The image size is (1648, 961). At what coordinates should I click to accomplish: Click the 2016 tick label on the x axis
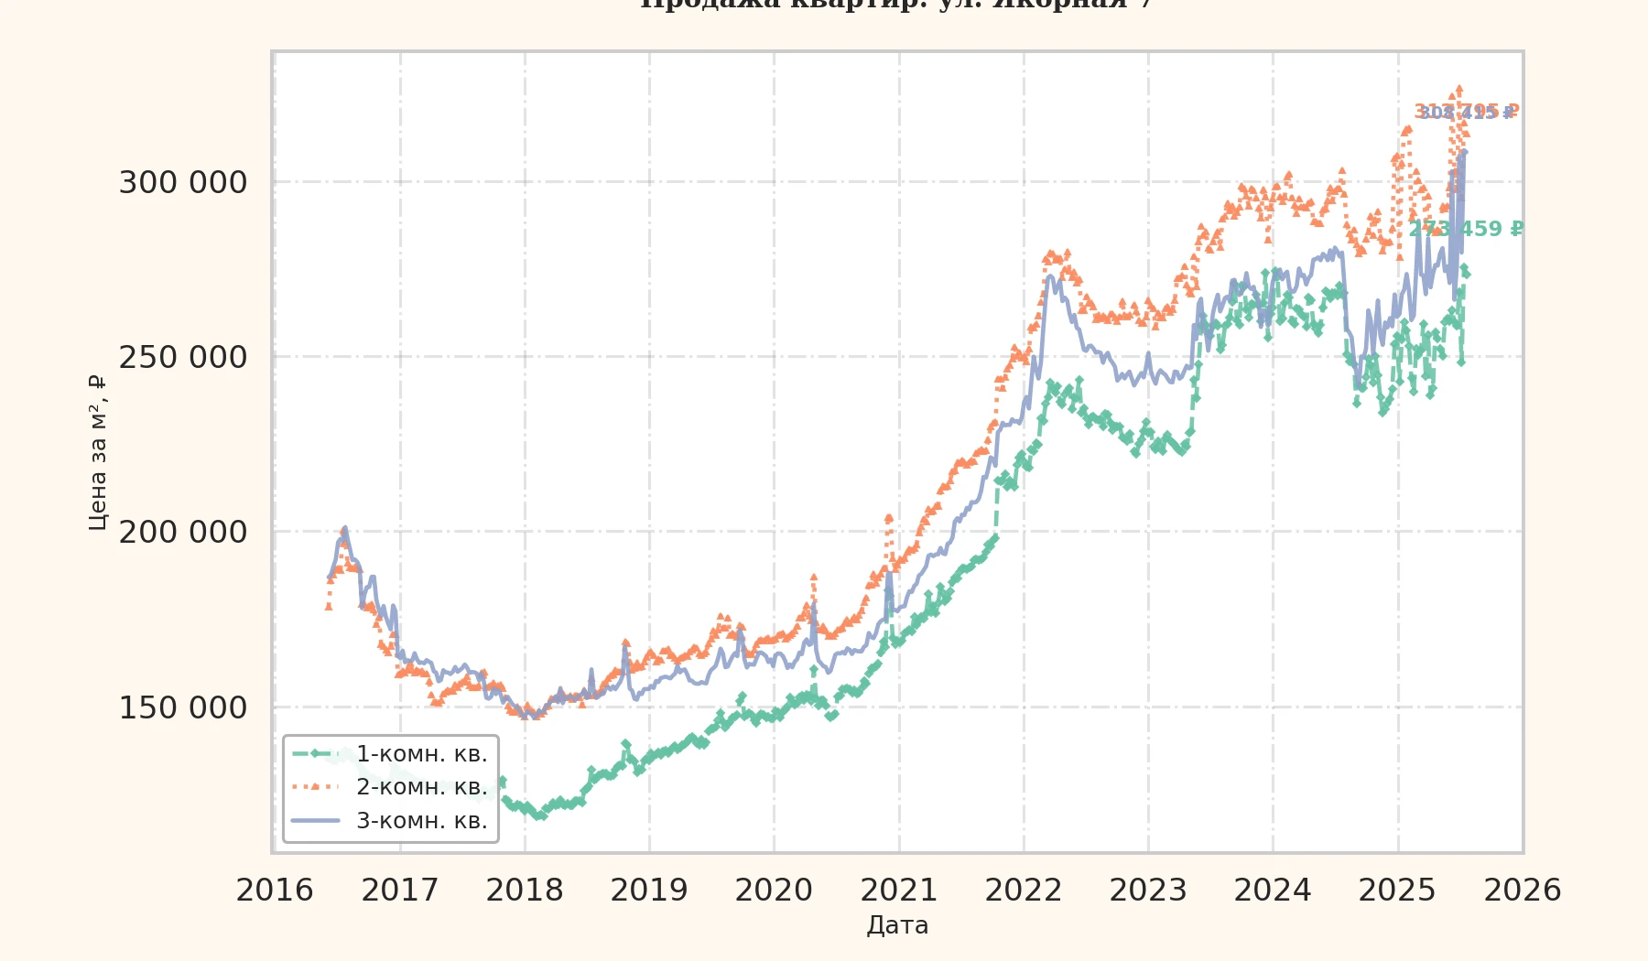pyautogui.click(x=275, y=890)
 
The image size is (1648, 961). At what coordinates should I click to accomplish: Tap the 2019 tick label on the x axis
pyautogui.click(x=649, y=890)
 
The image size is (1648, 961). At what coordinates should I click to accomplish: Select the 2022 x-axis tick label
pyautogui.click(x=1024, y=890)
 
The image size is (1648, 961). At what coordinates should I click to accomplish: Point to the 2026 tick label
pyautogui.click(x=1523, y=890)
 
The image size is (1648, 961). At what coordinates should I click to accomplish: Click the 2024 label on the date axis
pyautogui.click(x=1273, y=890)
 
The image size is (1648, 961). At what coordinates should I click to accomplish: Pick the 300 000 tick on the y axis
pyautogui.click(x=183, y=182)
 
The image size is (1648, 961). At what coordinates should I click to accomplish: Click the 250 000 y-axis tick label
pyautogui.click(x=183, y=357)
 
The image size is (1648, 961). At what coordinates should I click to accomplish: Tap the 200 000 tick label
pyautogui.click(x=183, y=532)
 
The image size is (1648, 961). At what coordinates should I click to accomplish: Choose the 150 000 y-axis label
pyautogui.click(x=183, y=707)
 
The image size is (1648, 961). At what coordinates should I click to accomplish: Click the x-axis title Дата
pyautogui.click(x=897, y=925)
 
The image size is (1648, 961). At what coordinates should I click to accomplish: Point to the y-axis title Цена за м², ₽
pyautogui.click(x=97, y=452)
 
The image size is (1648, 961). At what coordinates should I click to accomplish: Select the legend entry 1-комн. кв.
pyautogui.click(x=421, y=754)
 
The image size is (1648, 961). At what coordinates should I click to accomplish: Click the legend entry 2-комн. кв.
pyautogui.click(x=421, y=787)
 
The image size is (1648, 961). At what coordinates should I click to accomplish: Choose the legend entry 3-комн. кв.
pyautogui.click(x=421, y=821)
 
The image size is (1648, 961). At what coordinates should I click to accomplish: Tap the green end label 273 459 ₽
pyautogui.click(x=1467, y=229)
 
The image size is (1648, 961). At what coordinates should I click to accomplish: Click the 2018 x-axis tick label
pyautogui.click(x=525, y=890)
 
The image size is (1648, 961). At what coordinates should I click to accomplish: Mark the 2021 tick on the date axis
pyautogui.click(x=899, y=890)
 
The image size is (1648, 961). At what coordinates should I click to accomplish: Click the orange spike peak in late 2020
pyautogui.click(x=888, y=518)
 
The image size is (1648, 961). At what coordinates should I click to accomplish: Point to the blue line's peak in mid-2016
pyautogui.click(x=344, y=528)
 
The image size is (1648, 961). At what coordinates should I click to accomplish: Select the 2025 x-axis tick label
pyautogui.click(x=1397, y=890)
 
